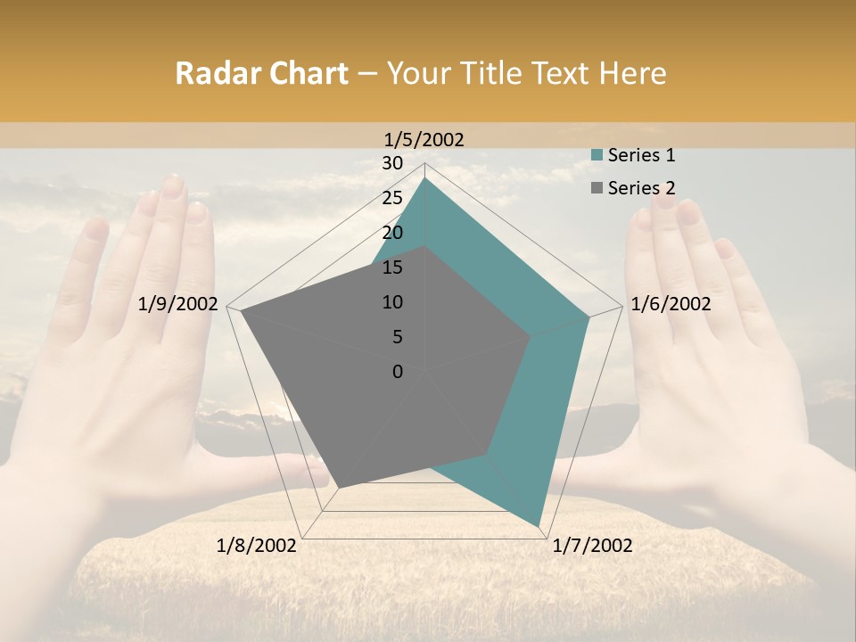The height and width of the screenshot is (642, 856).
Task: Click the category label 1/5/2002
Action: (x=424, y=139)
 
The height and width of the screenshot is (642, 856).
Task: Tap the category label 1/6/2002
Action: (x=671, y=304)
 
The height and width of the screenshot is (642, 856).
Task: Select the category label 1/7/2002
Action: (x=592, y=545)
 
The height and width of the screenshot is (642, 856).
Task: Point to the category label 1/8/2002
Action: (x=257, y=545)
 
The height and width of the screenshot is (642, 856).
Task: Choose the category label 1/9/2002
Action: (x=178, y=304)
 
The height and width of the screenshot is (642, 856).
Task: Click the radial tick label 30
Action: (x=392, y=163)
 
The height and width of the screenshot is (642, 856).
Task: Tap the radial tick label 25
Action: (x=392, y=198)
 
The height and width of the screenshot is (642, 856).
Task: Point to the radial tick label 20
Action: (x=392, y=233)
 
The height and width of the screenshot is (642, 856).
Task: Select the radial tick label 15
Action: (x=392, y=267)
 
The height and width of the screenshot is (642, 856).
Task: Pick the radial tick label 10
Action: (x=392, y=302)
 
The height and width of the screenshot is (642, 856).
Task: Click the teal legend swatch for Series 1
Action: (x=597, y=155)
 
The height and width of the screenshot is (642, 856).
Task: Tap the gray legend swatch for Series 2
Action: (x=597, y=187)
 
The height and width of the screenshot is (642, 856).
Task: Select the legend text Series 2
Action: (x=641, y=187)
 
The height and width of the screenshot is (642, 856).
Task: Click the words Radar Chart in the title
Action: (x=261, y=73)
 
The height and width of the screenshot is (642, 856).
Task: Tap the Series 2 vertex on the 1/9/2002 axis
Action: (x=242, y=311)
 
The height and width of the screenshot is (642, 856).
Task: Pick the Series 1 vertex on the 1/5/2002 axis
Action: (x=425, y=177)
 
